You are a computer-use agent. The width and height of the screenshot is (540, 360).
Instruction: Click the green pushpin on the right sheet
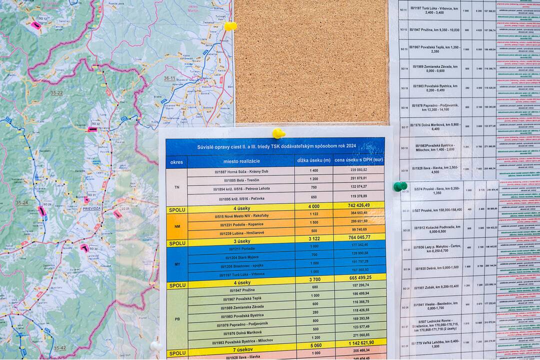click(x=399, y=186)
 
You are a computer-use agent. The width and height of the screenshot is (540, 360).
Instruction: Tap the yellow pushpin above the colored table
click(x=278, y=133)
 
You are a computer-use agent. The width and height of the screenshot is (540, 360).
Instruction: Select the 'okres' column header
click(x=176, y=162)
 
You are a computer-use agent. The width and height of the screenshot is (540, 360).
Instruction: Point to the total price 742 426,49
click(x=358, y=205)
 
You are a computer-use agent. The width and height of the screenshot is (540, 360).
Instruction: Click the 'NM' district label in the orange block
click(x=177, y=225)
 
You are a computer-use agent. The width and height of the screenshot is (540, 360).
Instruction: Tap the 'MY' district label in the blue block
click(x=177, y=263)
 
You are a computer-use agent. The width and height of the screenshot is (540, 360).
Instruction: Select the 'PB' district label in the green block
click(x=177, y=318)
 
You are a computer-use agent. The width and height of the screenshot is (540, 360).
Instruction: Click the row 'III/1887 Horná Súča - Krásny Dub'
click(x=241, y=171)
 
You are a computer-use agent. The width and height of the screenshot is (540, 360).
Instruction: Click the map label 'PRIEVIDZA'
click(x=89, y=208)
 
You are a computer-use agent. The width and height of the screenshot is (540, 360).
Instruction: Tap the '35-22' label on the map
click(x=56, y=93)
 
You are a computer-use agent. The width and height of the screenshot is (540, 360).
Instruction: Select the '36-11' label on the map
click(x=169, y=78)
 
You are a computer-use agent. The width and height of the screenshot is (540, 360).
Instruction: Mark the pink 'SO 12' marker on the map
click(x=36, y=24)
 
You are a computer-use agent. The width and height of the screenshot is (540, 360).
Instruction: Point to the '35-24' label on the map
click(x=21, y=202)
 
